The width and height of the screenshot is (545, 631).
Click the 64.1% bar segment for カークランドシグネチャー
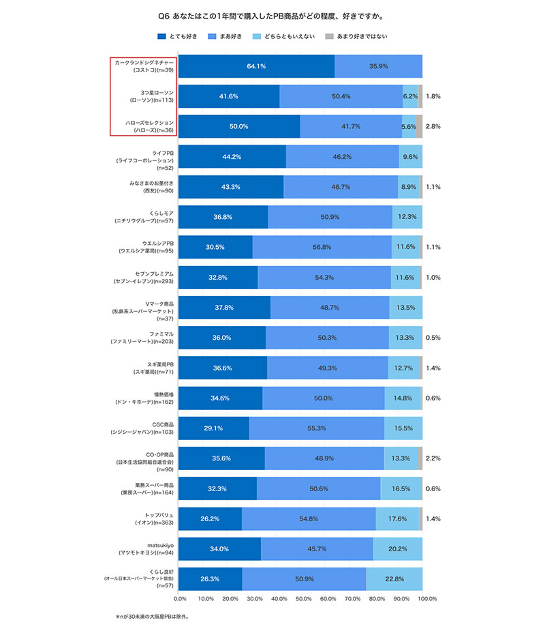(257, 67)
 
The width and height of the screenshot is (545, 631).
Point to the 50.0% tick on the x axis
(304, 599)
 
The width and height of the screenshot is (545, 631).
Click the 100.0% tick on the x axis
(427, 599)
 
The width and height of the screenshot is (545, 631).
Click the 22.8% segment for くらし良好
(394, 579)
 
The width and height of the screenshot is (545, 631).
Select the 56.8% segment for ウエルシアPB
(322, 247)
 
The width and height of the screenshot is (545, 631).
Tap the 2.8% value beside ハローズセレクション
(433, 127)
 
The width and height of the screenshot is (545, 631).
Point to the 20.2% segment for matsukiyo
(398, 549)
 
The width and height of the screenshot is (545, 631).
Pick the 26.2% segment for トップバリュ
(211, 519)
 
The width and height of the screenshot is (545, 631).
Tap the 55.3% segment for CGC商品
(317, 428)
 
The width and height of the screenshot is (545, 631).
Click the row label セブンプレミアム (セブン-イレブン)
(145, 277)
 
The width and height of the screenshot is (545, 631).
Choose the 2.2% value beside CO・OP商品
(433, 458)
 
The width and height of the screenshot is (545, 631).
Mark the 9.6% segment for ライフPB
(410, 157)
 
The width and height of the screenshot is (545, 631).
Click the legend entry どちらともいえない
(283, 36)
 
